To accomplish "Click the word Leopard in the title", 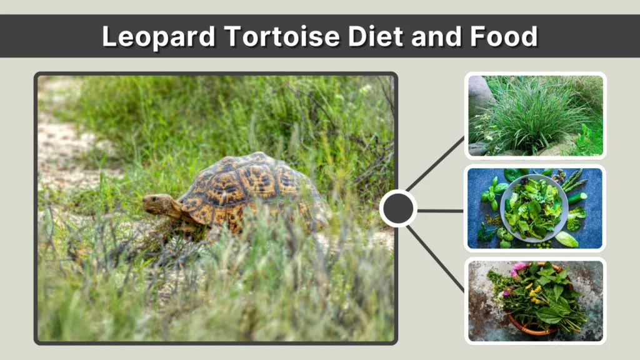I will pyautogui.click(x=156, y=37).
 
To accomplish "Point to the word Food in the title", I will pyautogui.click(x=505, y=37).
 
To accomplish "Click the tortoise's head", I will pyautogui.click(x=157, y=204).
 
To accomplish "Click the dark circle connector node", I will pyautogui.click(x=398, y=209).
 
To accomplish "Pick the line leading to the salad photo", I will pyautogui.click(x=441, y=211).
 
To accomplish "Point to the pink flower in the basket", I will pyautogui.click(x=519, y=267).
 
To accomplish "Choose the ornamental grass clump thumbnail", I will pyautogui.click(x=531, y=116).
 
